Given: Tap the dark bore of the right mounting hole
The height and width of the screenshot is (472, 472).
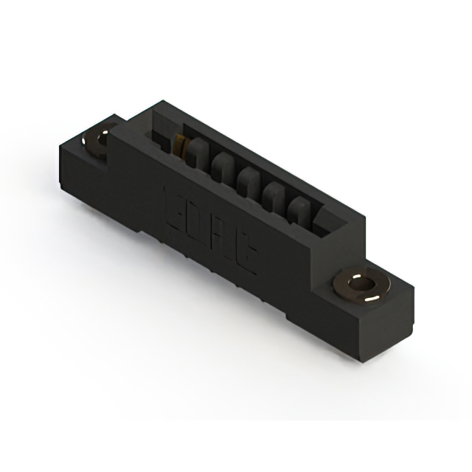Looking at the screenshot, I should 361,285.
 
